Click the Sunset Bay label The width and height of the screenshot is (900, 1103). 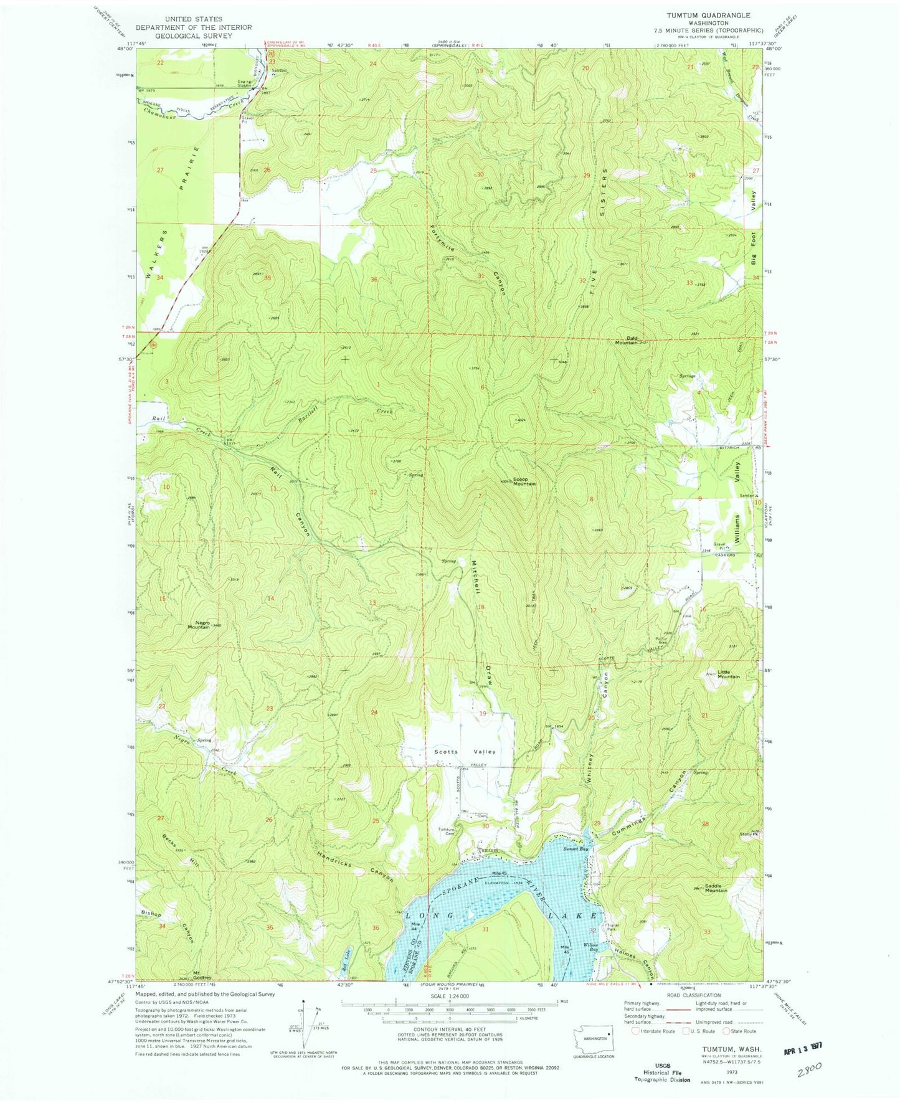point(575,849)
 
